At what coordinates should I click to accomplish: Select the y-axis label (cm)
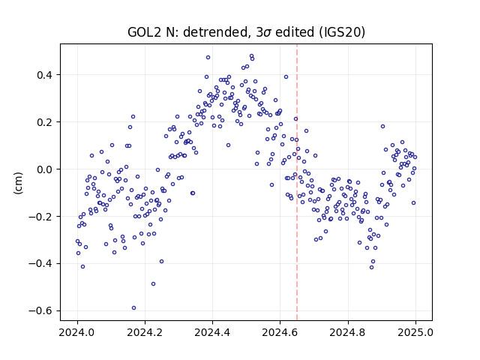point(18,183)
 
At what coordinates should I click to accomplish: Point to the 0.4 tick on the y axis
point(45,75)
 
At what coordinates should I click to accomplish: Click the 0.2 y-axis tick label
point(45,122)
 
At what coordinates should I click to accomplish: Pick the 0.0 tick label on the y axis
point(45,169)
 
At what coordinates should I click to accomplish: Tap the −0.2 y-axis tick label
point(40,217)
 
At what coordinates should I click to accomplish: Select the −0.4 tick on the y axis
point(40,263)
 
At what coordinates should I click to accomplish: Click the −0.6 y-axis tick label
point(40,310)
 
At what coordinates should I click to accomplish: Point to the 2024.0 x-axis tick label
point(77,332)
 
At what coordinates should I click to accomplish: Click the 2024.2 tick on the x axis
point(145,332)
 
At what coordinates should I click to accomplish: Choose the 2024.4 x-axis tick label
point(212,332)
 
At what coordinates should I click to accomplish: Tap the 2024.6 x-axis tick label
point(280,332)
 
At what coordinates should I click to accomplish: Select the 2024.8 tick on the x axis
point(348,332)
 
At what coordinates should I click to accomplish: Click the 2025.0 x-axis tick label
point(415,332)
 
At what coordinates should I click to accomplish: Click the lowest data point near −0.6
point(133,308)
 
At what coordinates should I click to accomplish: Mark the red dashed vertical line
point(297,182)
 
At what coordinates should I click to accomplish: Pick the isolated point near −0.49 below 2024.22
point(153,284)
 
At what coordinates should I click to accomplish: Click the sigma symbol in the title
point(267,33)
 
